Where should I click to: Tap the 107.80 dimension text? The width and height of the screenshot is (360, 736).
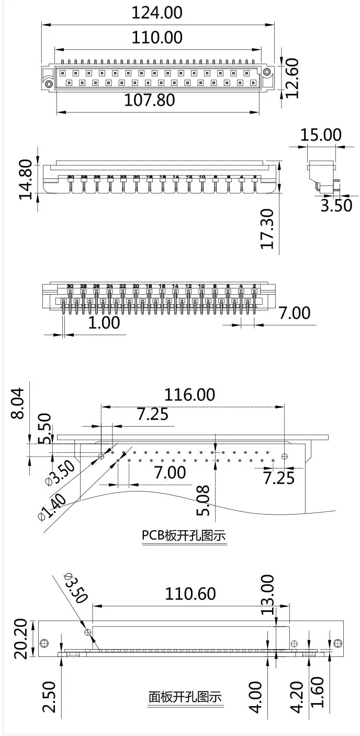pos(150,100)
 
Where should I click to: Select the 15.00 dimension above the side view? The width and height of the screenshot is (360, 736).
pos(320,135)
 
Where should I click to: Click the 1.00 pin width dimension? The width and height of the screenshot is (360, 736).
pos(104,322)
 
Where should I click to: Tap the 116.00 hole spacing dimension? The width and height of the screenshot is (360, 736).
pos(190,395)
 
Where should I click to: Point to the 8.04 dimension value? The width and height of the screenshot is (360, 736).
pos(17,403)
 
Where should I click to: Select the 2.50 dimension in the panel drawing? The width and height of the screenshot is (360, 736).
pos(49,696)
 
